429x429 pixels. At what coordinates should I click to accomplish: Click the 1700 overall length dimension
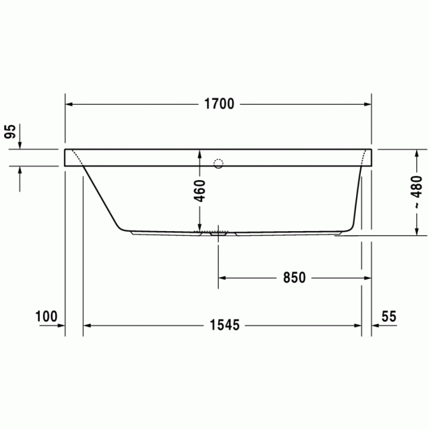tap(219, 104)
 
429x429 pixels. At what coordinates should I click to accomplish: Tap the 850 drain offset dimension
tap(294, 278)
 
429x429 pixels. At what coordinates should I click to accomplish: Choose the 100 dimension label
tap(46, 316)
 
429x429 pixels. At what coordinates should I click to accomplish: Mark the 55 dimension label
tap(389, 316)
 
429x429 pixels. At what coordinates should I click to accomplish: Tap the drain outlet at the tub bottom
tap(218, 233)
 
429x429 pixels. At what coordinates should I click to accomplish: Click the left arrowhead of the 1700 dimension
tap(69, 104)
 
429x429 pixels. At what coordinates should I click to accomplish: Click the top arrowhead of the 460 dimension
tap(200, 153)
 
